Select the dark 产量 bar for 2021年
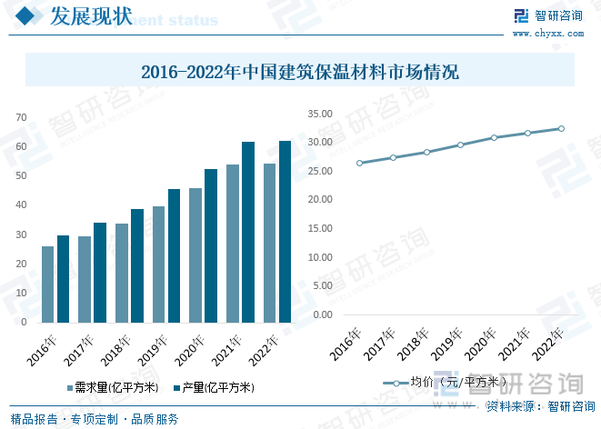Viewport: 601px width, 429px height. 248,232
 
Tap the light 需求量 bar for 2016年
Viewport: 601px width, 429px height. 47,284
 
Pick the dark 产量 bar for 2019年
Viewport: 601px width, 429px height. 174,255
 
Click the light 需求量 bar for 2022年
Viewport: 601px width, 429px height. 269,243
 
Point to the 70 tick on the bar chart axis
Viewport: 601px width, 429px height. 22,118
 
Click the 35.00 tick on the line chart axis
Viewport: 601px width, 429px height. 321,114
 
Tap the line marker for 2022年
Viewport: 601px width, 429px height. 561,129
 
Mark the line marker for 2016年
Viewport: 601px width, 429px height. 359,163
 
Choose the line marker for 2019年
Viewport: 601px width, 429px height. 460,145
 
